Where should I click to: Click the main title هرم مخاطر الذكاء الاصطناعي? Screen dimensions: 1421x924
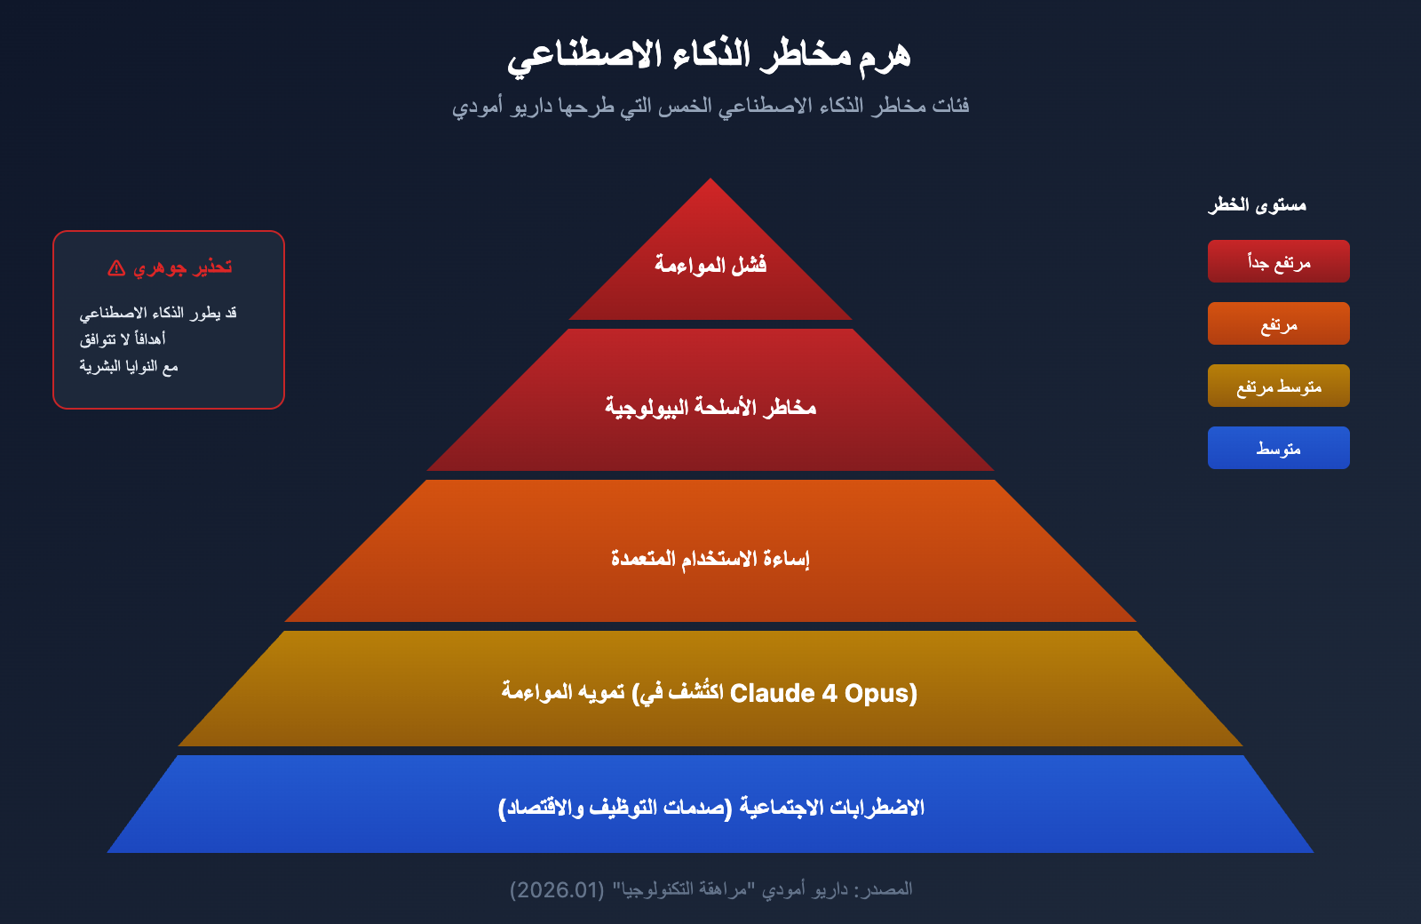coord(710,56)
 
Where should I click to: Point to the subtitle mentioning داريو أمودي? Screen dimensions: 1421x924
coord(710,106)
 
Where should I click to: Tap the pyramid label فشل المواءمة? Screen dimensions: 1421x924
coord(710,264)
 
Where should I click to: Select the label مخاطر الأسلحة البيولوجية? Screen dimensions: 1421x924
coord(710,407)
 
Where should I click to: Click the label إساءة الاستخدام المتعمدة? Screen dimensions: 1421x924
coord(710,559)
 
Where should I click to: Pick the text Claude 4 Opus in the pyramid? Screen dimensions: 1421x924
coord(822,693)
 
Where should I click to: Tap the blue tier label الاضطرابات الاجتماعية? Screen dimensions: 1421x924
coord(832,808)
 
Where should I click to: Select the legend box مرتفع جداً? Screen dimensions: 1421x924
coord(1278,261)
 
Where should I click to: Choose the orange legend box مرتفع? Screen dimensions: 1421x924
coord(1278,323)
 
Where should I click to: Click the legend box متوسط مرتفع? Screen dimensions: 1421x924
coord(1278,386)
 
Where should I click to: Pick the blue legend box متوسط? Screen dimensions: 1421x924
coord(1278,448)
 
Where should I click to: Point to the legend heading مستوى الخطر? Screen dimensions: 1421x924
coord(1258,205)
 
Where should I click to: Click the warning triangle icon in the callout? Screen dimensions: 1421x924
coord(116,267)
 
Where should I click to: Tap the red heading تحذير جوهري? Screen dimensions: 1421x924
coord(183,267)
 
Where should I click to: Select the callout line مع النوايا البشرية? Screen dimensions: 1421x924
coord(129,367)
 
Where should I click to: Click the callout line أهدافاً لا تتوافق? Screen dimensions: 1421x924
coord(123,339)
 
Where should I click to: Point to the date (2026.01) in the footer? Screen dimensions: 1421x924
coord(557,889)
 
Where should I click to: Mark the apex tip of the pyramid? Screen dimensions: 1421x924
coord(710,179)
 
